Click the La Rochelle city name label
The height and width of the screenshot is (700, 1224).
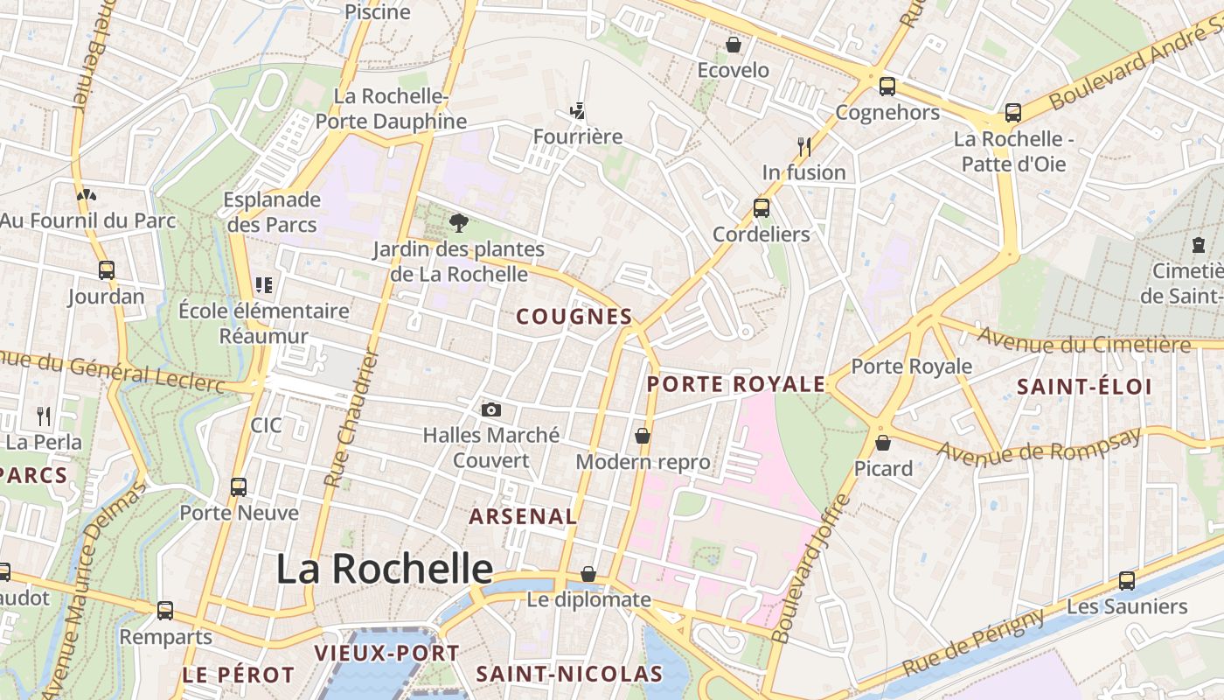385,569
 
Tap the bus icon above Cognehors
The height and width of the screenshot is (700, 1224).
887,87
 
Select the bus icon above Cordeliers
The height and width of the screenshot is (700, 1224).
762,208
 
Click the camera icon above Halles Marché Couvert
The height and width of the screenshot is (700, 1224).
491,409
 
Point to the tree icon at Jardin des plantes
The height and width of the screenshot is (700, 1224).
457,223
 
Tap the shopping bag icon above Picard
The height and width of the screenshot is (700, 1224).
883,443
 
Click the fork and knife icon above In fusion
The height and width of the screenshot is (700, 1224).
804,146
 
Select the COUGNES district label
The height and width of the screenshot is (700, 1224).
574,317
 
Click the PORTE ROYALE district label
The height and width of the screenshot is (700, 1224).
736,384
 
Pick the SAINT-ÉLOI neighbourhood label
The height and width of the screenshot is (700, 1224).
1084,387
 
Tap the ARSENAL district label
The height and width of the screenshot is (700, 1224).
523,516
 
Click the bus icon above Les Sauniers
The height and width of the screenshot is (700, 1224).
1127,581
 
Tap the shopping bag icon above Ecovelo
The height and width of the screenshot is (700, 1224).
734,45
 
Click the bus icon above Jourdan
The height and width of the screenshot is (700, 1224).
107,270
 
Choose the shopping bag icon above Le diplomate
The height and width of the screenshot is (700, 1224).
588,575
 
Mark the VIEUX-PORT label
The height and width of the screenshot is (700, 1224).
386,653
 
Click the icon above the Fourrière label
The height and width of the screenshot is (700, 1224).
577,111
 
